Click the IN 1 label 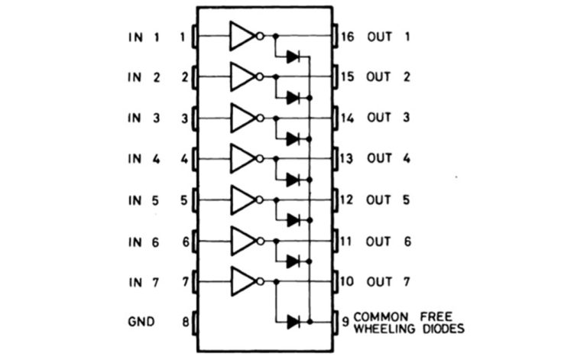[145, 36]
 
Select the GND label [141, 322]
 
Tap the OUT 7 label [389, 282]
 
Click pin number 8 [184, 322]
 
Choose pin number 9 [345, 322]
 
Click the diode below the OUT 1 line [292, 56]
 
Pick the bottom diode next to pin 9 [292, 322]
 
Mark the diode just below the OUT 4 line [292, 180]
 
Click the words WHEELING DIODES [409, 329]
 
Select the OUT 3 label [389, 118]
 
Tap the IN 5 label [145, 200]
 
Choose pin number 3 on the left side [184, 118]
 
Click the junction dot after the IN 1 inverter [275, 36]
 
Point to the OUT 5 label [389, 200]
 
